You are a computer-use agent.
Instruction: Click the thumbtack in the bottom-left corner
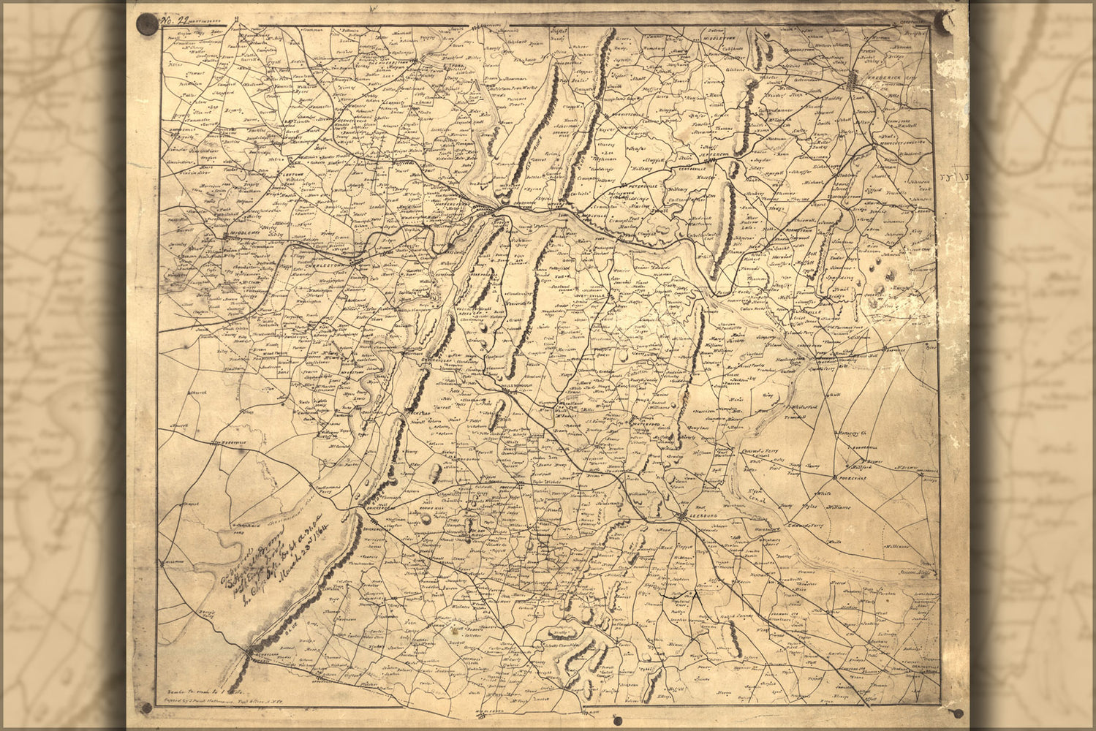pos(146,708)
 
